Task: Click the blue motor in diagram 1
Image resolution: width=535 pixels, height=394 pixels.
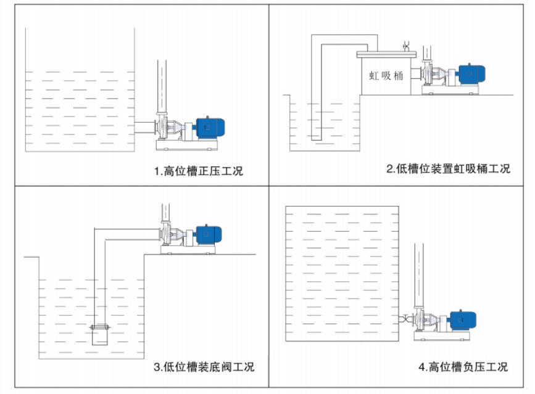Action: (210, 127)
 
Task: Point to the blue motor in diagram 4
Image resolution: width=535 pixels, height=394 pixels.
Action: (462, 319)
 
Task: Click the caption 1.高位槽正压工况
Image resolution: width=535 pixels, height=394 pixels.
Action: (199, 171)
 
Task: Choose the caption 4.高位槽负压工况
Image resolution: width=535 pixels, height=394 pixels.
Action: (463, 367)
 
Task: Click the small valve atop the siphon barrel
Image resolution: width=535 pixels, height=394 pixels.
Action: (405, 46)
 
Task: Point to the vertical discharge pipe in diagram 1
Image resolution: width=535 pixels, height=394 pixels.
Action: (162, 86)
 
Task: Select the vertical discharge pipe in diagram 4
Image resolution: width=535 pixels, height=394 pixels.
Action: (419, 271)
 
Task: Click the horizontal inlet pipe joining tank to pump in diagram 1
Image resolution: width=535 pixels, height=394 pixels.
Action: (146, 127)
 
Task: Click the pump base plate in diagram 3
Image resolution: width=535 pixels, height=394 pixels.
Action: (188, 250)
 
